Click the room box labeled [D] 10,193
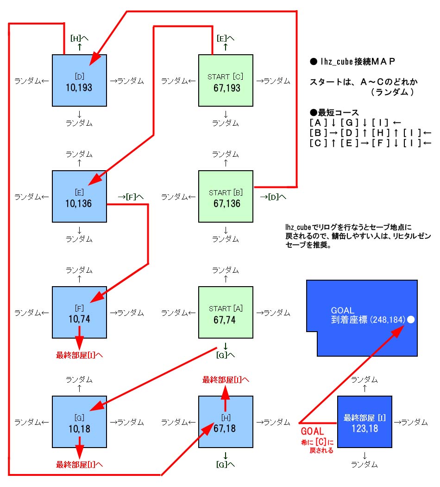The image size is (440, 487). [80, 81]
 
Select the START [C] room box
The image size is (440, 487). [226, 81]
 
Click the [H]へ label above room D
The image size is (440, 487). [79, 38]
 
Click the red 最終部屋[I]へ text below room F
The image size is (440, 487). [80, 356]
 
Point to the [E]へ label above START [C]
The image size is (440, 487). [226, 38]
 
